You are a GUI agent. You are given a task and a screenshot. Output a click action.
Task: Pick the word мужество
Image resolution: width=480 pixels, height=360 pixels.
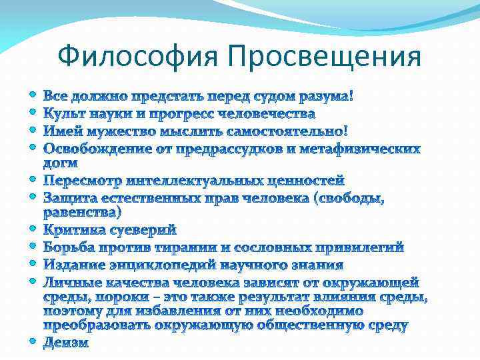click(x=119, y=131)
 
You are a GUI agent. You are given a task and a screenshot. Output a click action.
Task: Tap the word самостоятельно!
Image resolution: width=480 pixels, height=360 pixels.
click(x=282, y=131)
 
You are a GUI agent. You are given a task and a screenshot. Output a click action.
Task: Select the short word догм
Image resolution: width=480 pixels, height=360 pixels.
click(x=60, y=163)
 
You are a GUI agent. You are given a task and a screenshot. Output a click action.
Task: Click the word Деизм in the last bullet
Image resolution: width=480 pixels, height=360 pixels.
click(x=65, y=343)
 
